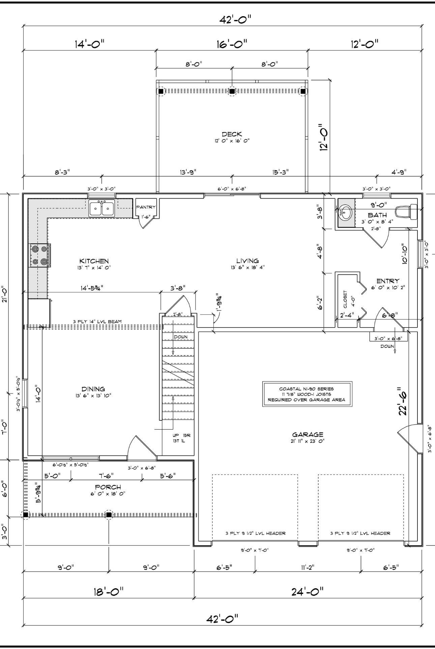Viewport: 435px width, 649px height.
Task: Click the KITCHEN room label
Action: [94, 261]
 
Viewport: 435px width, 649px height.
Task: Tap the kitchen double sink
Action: [102, 208]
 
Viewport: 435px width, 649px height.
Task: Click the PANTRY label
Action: [146, 207]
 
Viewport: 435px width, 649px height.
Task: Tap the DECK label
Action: [232, 134]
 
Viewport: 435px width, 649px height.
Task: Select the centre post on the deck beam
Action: [232, 91]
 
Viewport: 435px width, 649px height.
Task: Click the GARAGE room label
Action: [308, 435]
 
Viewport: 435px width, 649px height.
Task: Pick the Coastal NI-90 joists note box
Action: [307, 394]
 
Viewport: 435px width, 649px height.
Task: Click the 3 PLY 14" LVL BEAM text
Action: [97, 321]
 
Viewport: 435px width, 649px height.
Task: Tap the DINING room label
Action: [93, 389]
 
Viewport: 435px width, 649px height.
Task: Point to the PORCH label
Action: [108, 487]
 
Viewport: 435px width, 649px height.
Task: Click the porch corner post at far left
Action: [25, 515]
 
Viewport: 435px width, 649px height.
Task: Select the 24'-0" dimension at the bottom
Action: [308, 591]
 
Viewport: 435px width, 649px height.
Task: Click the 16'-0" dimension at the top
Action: [232, 44]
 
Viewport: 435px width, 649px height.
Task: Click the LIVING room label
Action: [248, 261]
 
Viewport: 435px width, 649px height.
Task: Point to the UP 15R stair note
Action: [181, 435]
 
